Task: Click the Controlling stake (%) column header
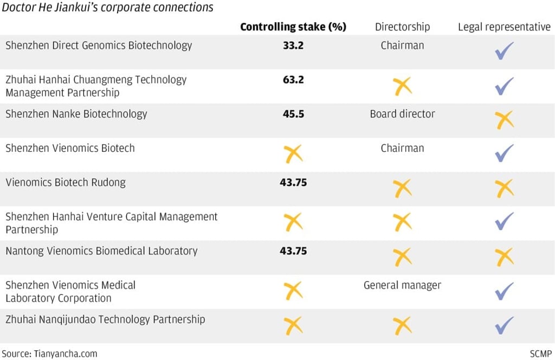tap(293, 27)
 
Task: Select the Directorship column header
tap(402, 27)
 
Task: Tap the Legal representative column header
tap(504, 27)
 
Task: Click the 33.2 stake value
tap(293, 46)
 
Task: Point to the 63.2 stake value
tap(293, 80)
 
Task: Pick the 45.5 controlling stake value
tap(293, 114)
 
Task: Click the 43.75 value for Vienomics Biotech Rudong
tap(293, 182)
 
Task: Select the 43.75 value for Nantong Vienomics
tap(293, 250)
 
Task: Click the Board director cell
tap(402, 114)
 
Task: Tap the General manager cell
tap(402, 285)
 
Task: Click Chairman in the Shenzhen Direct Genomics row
tap(402, 46)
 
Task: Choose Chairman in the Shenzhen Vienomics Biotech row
tap(402, 148)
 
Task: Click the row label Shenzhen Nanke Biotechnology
tap(76, 114)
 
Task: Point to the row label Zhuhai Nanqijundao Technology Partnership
tap(105, 319)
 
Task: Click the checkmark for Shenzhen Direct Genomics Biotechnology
tap(504, 51)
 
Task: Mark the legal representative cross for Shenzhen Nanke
tap(505, 120)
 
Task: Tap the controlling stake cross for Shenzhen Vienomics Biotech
tap(293, 155)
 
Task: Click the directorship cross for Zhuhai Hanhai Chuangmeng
tap(402, 86)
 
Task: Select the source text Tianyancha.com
tap(49, 353)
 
